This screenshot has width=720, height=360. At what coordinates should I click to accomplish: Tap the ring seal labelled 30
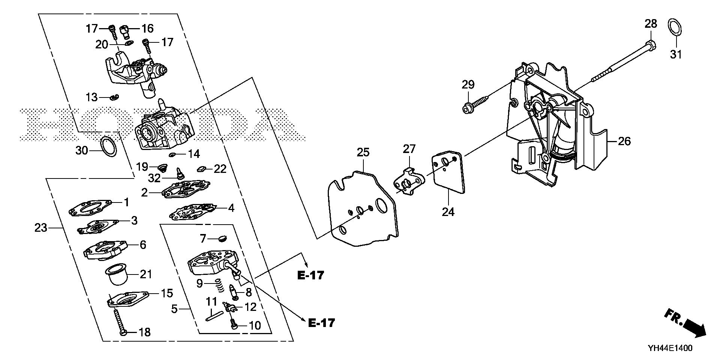(109, 147)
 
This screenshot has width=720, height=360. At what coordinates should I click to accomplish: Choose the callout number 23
(41, 227)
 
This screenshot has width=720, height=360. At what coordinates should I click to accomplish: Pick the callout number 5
(174, 309)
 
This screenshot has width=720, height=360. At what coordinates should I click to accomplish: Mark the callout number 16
(147, 28)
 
